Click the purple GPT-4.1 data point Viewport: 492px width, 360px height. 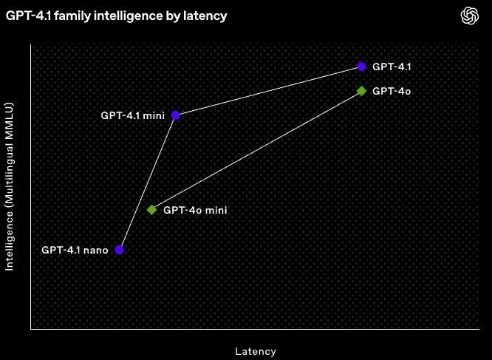coord(361,67)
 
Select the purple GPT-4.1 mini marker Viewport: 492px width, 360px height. coord(175,115)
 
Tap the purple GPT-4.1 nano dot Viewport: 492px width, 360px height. coord(120,250)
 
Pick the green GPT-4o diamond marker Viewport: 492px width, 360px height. coord(361,91)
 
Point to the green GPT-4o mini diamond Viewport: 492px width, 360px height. coord(151,210)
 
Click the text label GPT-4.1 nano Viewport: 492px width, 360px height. coord(75,250)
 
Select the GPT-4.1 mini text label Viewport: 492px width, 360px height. coord(134,115)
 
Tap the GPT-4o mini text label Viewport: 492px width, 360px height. coord(195,210)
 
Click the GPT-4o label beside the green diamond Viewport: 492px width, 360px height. coord(392,91)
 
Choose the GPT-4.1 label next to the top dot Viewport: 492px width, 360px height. coord(392,67)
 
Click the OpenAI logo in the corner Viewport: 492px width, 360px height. coord(471,15)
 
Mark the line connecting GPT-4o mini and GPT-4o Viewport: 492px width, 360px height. coord(256,150)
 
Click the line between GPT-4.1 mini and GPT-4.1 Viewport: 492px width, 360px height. coord(268,91)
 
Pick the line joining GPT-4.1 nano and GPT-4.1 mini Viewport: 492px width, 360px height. coord(147,183)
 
